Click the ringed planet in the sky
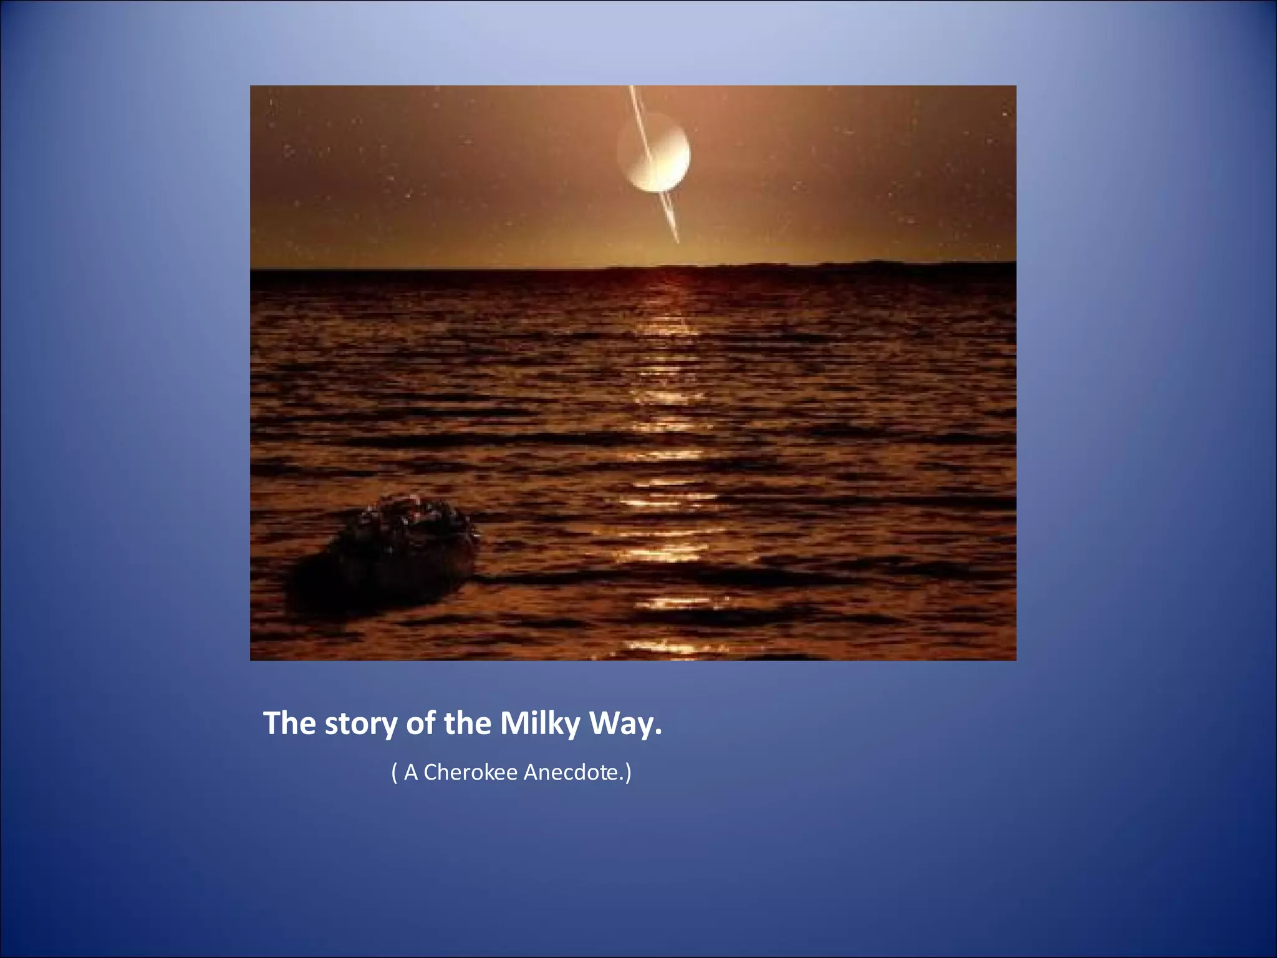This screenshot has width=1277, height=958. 654,152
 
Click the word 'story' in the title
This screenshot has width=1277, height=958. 360,724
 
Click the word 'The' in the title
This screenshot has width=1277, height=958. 290,724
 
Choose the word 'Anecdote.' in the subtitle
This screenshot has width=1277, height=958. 573,773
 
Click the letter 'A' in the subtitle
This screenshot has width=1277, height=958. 410,773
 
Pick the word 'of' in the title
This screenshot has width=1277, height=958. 421,724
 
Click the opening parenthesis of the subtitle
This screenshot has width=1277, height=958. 394,773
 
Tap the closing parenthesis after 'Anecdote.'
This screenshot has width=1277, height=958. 628,773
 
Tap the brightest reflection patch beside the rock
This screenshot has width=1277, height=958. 667,552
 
